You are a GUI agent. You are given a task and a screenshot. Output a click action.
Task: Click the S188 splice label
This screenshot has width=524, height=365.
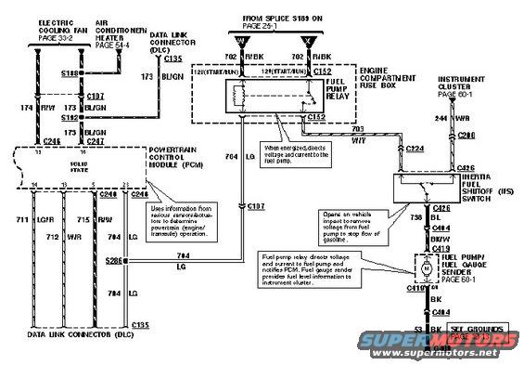pos(70,72)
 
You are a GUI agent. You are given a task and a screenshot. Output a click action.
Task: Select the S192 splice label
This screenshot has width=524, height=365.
pos(70,119)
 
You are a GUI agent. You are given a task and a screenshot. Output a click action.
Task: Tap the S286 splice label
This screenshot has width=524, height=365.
pos(115,261)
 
